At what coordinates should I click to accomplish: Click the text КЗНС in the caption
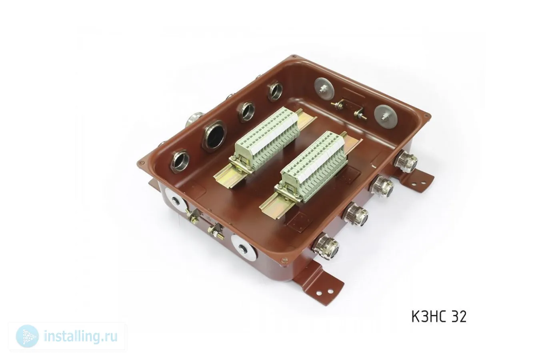429,316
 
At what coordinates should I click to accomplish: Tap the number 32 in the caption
459,316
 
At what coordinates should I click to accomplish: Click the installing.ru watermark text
80,336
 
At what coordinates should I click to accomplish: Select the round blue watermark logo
27,336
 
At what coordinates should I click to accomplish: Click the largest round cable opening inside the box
214,136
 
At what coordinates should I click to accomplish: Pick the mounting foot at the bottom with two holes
319,282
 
